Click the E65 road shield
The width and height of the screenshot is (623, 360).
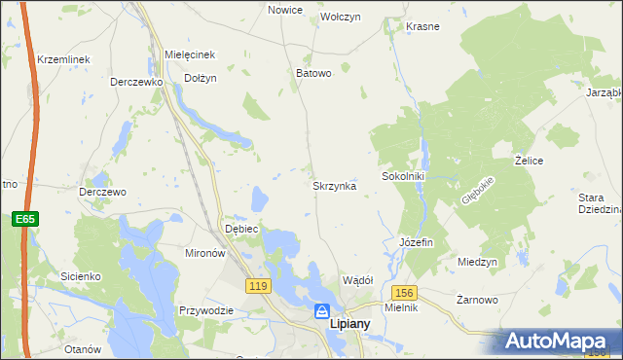[25, 220]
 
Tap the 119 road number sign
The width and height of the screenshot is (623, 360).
[258, 286]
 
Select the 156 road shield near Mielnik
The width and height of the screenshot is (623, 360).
[405, 292]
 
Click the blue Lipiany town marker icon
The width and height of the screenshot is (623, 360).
[321, 311]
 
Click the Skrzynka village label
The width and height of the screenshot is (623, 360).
[334, 185]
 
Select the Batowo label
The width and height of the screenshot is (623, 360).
[313, 73]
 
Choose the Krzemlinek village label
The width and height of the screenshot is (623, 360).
[63, 59]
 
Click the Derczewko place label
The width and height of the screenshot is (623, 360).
[135, 83]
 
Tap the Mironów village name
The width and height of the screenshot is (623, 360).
[205, 252]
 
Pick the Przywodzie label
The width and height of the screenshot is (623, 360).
[205, 310]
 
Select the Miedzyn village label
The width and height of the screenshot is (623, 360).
[477, 263]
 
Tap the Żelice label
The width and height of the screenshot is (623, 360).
[529, 160]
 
